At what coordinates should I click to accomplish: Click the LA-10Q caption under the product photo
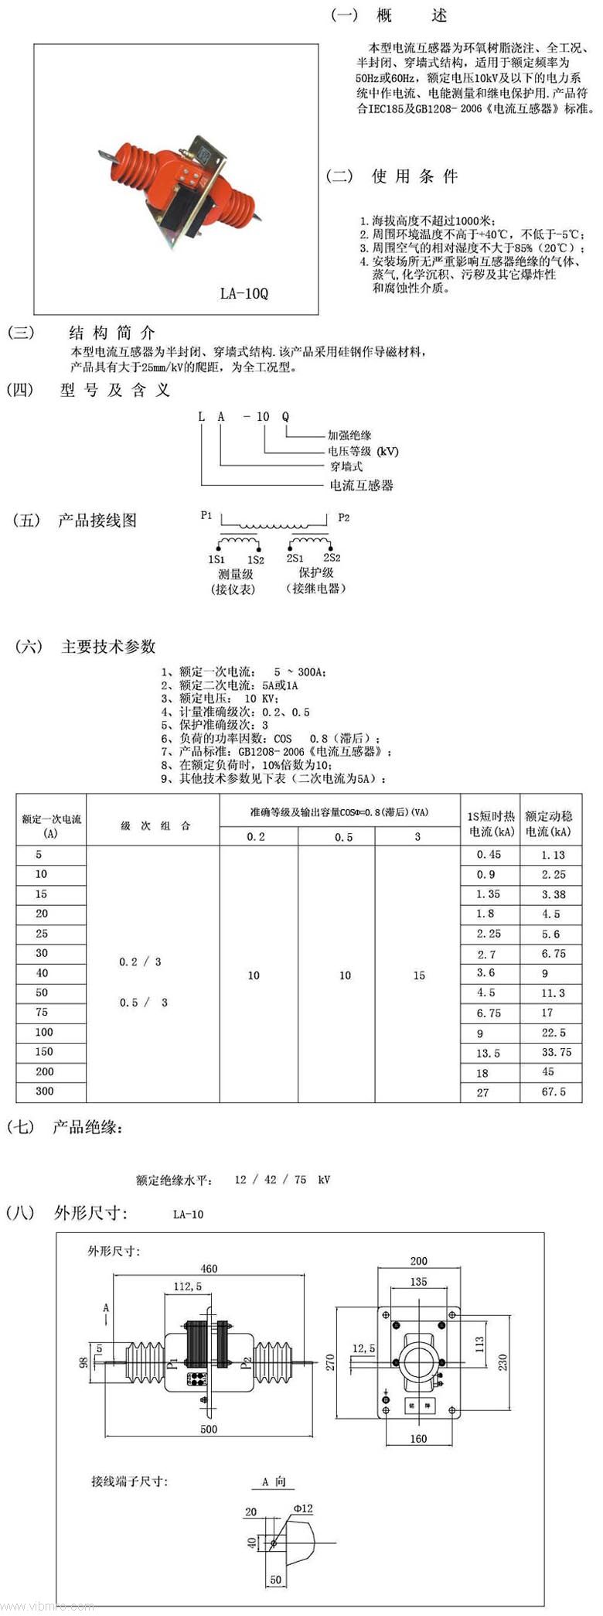coord(244,293)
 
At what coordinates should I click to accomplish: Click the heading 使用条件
coord(414,176)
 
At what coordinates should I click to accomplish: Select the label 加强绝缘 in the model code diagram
coord(349,436)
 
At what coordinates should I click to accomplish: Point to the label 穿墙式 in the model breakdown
coord(346,466)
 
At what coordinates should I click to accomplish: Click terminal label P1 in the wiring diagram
coord(206,515)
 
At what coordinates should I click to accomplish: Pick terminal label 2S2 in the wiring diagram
coord(332,558)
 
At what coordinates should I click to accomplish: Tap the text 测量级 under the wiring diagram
coord(235,574)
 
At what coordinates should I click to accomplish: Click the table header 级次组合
coord(155,825)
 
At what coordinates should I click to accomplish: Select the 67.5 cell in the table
coord(554,1092)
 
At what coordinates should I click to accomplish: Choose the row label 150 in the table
coord(44,1052)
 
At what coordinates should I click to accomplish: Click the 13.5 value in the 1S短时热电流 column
coord(488,1053)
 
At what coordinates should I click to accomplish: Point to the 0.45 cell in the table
coord(488,855)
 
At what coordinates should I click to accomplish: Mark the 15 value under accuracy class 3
coord(418,975)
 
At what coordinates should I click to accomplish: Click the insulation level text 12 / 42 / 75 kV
coord(282,1180)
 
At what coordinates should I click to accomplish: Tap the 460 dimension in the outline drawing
coord(209,1269)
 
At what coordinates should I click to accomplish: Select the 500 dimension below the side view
coord(209,1429)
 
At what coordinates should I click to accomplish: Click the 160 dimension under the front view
coord(418,1439)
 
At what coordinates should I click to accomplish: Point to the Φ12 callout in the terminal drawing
coord(303,1508)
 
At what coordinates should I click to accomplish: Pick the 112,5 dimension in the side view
coord(187,1286)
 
